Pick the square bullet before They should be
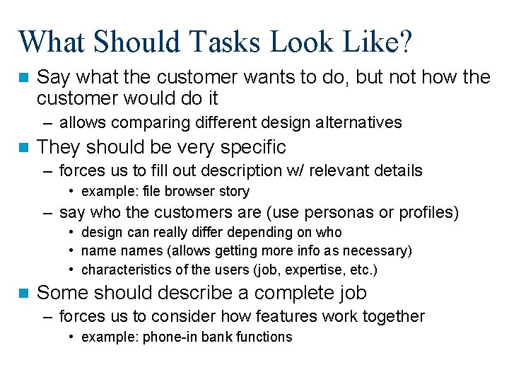pyautogui.click(x=25, y=148)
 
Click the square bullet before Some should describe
pyautogui.click(x=25, y=293)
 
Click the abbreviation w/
pyautogui.click(x=315, y=170)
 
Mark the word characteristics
pyautogui.click(x=124, y=270)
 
